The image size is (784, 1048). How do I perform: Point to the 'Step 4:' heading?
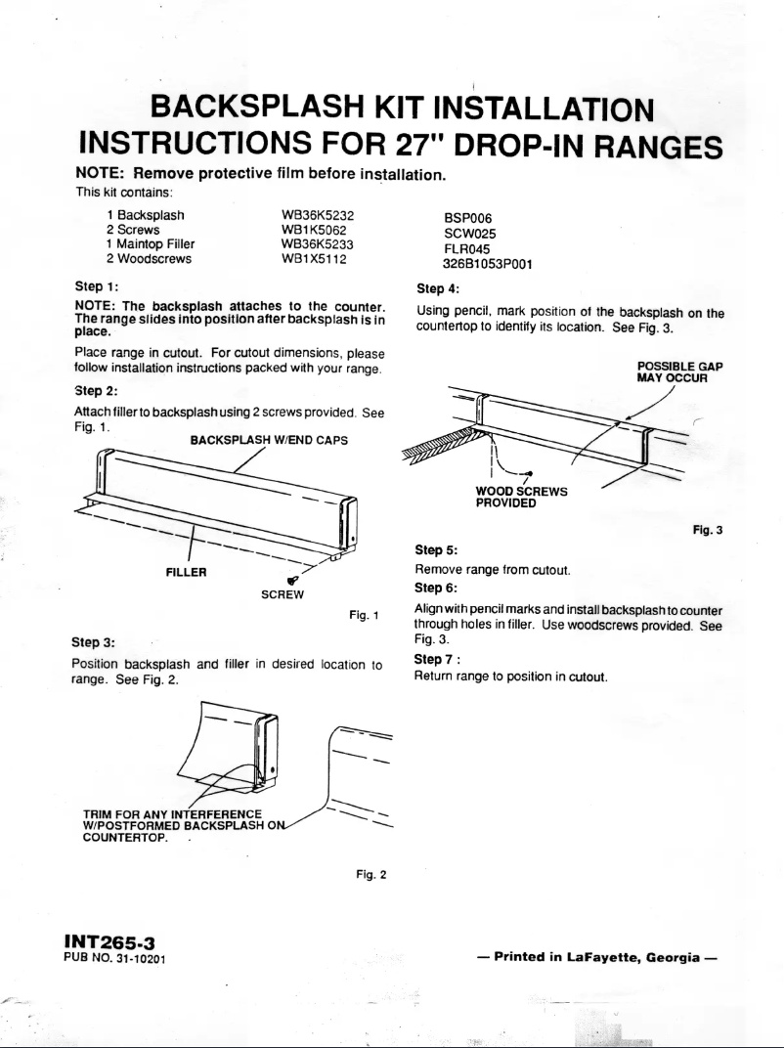(437, 289)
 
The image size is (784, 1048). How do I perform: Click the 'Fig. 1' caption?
(364, 615)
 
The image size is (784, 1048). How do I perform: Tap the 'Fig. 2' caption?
(372, 873)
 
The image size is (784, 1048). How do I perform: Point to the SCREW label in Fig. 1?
(283, 593)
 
